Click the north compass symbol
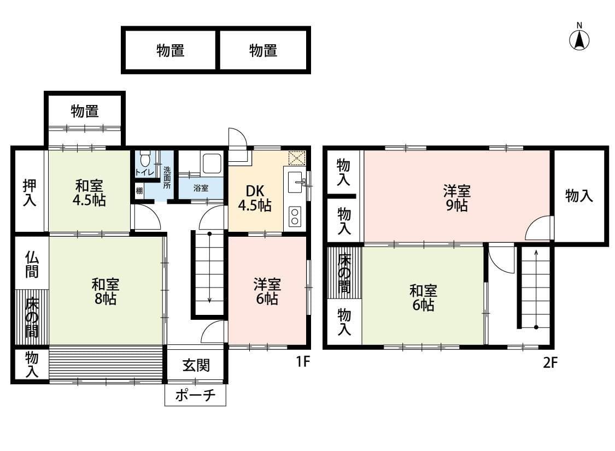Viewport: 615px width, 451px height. tap(579, 39)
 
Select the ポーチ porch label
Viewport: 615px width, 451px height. tap(195, 396)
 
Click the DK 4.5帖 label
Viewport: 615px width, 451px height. tap(255, 198)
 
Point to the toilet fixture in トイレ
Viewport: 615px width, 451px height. tap(145, 160)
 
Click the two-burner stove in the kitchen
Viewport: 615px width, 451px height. tap(295, 216)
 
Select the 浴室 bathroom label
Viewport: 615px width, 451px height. tap(201, 189)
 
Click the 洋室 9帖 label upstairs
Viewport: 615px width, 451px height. tap(456, 198)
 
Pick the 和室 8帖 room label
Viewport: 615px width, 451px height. tap(106, 291)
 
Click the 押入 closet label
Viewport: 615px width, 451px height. tap(30, 192)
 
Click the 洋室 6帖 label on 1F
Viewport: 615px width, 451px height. tap(267, 291)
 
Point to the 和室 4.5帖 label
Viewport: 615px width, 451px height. tap(89, 192)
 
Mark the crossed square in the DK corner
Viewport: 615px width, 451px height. tap(297, 158)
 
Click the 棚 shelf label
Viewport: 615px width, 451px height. tap(139, 191)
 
